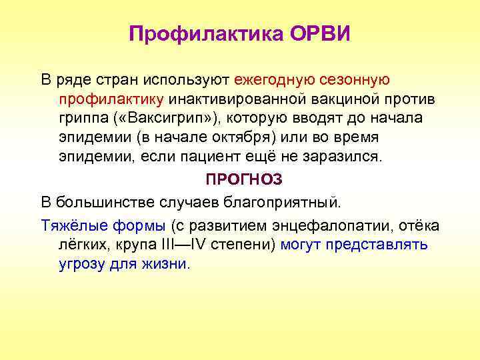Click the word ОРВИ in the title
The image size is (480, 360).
pos(320,34)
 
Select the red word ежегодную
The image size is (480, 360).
pos(271,80)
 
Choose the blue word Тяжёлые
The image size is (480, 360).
pos(70,225)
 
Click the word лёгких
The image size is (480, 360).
pos(80,245)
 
